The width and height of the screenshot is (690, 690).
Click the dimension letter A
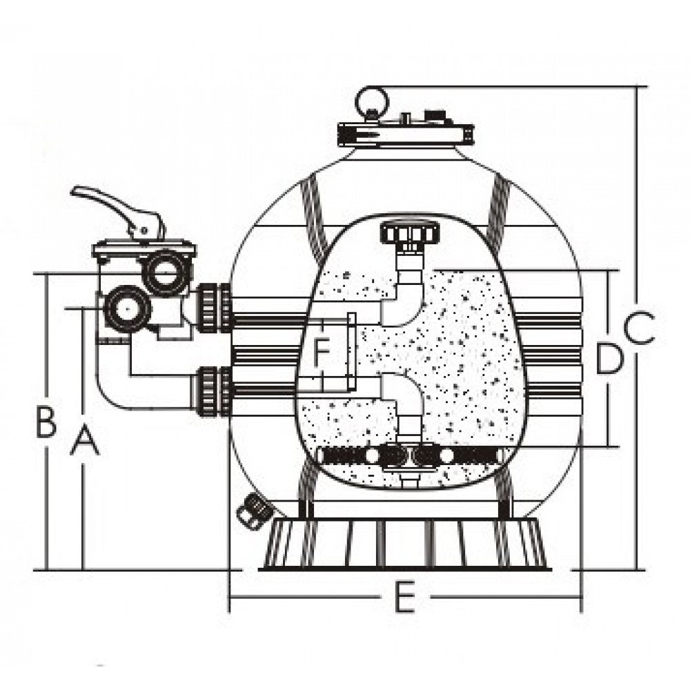[x=85, y=439]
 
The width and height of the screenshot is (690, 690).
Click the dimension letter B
[x=46, y=422]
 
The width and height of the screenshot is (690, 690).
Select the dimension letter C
[x=640, y=327]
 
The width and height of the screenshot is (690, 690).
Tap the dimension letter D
[x=609, y=359]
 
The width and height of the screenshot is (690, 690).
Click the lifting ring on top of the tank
[x=372, y=102]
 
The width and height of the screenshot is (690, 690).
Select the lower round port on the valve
[x=127, y=309]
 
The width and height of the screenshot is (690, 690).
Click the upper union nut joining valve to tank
[x=213, y=308]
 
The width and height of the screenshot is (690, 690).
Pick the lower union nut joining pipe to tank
[x=213, y=391]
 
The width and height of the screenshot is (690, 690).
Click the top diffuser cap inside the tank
[x=410, y=233]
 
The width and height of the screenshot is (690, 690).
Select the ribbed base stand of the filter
[x=405, y=544]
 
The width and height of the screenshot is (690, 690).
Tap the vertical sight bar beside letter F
[x=351, y=352]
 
